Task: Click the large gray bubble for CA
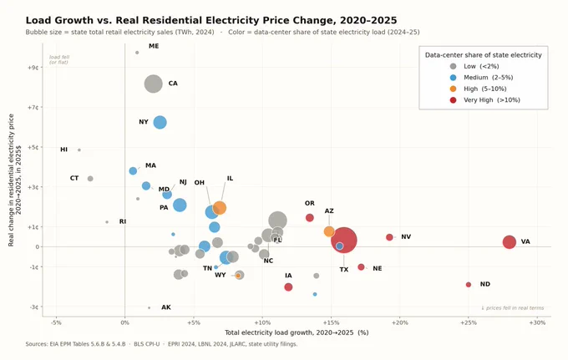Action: pos(153,84)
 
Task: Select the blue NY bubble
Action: pos(160,123)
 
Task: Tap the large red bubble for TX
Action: pos(344,240)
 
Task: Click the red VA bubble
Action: pos(509,242)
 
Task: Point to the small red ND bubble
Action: pos(469,285)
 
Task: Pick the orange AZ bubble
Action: pos(329,231)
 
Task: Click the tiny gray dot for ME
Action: pos(137,53)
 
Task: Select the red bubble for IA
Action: pos(288,286)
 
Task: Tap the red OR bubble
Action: pos(309,218)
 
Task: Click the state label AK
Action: pos(166,307)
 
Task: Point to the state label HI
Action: pos(63,150)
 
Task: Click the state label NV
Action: pos(406,236)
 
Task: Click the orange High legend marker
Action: pos(453,89)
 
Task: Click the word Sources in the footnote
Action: pos(36,344)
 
